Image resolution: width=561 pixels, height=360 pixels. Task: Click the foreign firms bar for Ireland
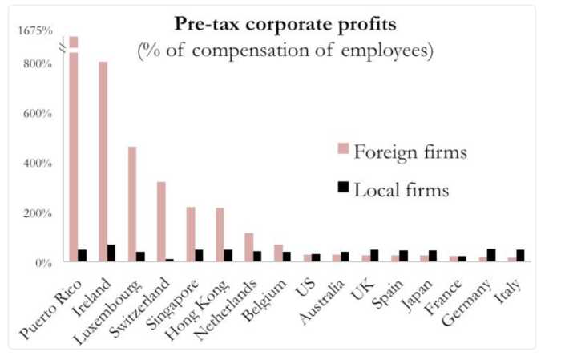click(x=103, y=160)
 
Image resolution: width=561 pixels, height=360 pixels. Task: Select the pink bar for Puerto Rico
click(x=74, y=152)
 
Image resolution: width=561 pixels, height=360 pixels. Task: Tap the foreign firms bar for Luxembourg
click(x=132, y=204)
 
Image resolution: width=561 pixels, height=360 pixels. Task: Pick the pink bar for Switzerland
click(x=161, y=221)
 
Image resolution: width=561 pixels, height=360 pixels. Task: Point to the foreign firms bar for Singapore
click(x=191, y=234)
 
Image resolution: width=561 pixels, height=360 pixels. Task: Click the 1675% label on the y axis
click(x=36, y=31)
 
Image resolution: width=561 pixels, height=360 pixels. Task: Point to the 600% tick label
click(x=37, y=113)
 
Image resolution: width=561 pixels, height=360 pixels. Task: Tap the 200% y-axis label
click(x=37, y=212)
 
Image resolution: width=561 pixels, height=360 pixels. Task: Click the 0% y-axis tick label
click(x=42, y=262)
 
